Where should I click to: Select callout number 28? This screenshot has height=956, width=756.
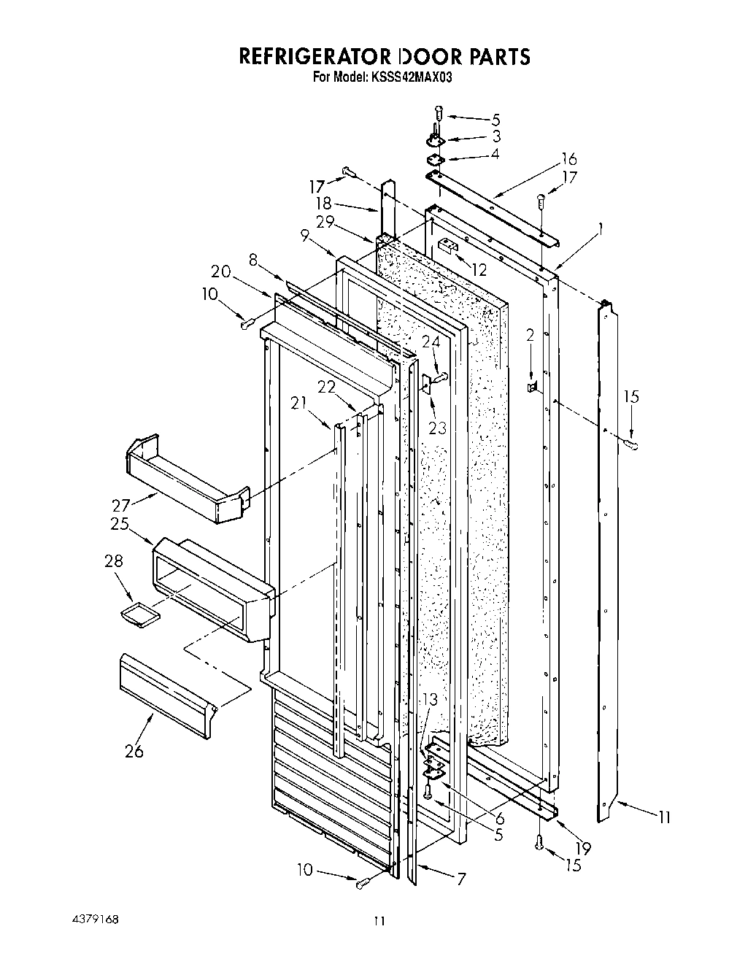[x=114, y=561]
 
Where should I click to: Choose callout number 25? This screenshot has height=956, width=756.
[x=120, y=524]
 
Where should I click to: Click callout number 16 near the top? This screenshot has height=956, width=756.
[x=569, y=159]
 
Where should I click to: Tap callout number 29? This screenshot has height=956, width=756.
[x=325, y=223]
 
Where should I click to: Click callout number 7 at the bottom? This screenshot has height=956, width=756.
[x=460, y=879]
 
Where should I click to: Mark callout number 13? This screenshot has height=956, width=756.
[x=431, y=700]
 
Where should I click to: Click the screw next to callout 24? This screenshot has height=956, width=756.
[x=441, y=376]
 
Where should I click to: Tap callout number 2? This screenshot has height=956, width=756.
[x=531, y=335]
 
